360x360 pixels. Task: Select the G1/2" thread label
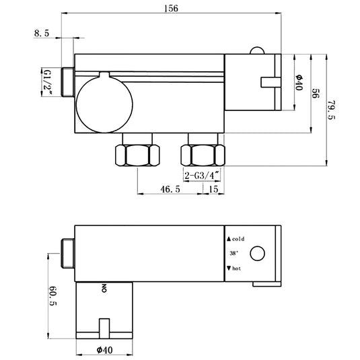click(48, 81)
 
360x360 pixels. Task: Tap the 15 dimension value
click(213, 190)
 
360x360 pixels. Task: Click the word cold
click(240, 239)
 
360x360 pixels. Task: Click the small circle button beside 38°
click(257, 254)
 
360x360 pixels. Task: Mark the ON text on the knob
click(104, 289)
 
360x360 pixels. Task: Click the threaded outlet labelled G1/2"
click(67, 81)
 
